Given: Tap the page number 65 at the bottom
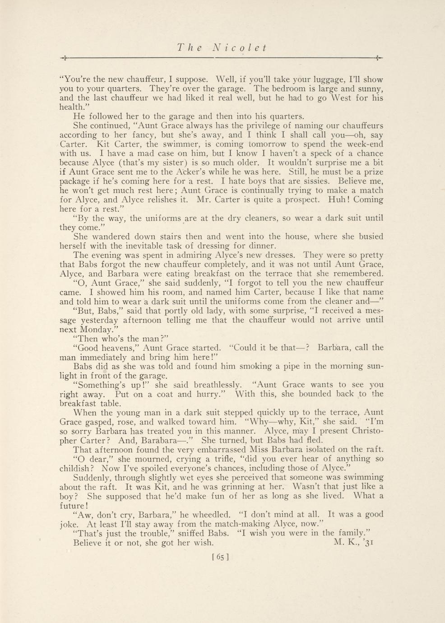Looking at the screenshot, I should click(221, 557).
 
